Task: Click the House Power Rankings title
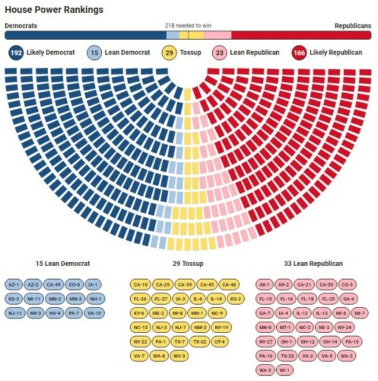click(x=54, y=10)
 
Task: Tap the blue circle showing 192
click(x=16, y=53)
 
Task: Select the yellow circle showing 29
click(x=170, y=53)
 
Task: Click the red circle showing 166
click(x=299, y=53)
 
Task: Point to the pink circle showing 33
click(x=219, y=53)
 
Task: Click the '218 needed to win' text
click(x=188, y=26)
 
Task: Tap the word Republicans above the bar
click(x=352, y=26)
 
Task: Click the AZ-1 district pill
click(x=13, y=284)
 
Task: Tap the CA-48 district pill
click(x=229, y=284)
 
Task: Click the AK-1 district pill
click(x=265, y=284)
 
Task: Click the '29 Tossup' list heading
click(x=188, y=264)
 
